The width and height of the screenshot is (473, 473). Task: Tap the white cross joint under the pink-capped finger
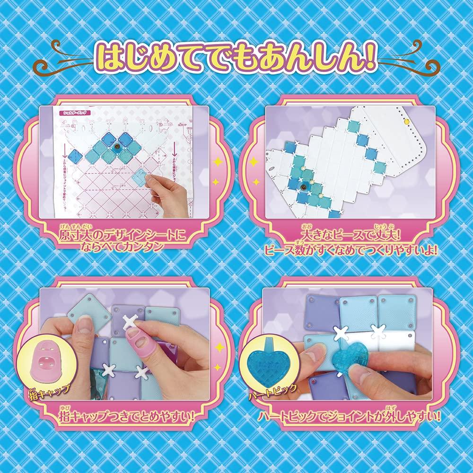click(x=131, y=324)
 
